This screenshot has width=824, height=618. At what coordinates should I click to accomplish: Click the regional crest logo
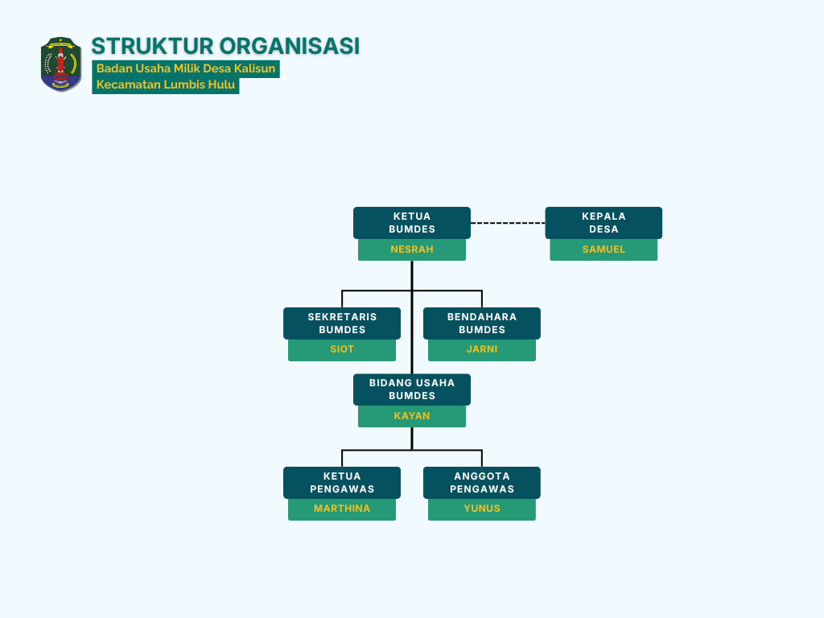point(61,64)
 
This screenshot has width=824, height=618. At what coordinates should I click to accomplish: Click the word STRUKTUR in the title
point(152,46)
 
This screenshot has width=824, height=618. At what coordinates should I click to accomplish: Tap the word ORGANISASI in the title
point(290,46)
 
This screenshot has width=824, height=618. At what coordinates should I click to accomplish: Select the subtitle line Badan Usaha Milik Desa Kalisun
point(186,68)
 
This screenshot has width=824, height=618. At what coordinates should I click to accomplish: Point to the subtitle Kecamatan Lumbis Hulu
point(166,84)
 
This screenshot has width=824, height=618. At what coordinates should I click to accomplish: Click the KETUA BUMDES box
point(412,223)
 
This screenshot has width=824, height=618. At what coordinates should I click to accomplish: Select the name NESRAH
point(412,249)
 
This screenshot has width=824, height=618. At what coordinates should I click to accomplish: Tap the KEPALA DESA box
point(604,223)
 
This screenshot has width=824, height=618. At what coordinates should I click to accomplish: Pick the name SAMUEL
point(604,249)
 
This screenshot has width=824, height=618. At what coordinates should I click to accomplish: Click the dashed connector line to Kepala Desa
point(508,223)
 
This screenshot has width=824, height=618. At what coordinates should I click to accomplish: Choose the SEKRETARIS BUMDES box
point(342,323)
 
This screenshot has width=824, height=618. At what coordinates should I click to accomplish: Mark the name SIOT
point(342,349)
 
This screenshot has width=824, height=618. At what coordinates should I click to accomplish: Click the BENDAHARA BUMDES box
point(482,323)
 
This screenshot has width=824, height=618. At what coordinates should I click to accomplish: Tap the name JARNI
point(482,349)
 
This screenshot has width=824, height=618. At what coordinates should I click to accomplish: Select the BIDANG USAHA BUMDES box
point(412,389)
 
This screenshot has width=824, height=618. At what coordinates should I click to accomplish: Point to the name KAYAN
point(412,416)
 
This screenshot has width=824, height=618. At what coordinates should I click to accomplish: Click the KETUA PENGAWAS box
point(342,483)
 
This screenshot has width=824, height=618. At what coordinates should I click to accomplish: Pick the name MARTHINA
point(342,509)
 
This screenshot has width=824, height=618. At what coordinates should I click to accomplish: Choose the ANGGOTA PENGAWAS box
point(482,483)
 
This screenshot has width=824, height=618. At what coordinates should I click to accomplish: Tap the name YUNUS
point(482,509)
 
